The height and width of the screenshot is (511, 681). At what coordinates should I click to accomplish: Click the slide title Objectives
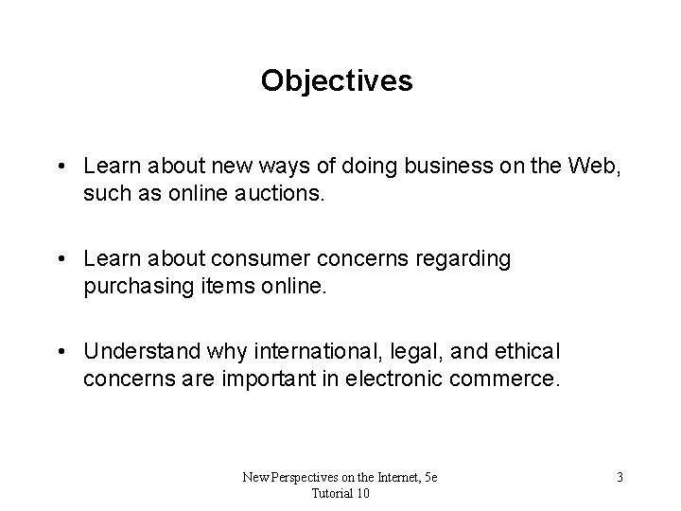337,81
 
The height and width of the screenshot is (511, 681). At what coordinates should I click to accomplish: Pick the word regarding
471,259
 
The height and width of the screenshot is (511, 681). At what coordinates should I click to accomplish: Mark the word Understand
141,351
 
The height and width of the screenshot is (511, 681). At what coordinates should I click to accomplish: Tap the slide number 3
619,476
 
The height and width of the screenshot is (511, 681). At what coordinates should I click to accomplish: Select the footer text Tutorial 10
340,493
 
